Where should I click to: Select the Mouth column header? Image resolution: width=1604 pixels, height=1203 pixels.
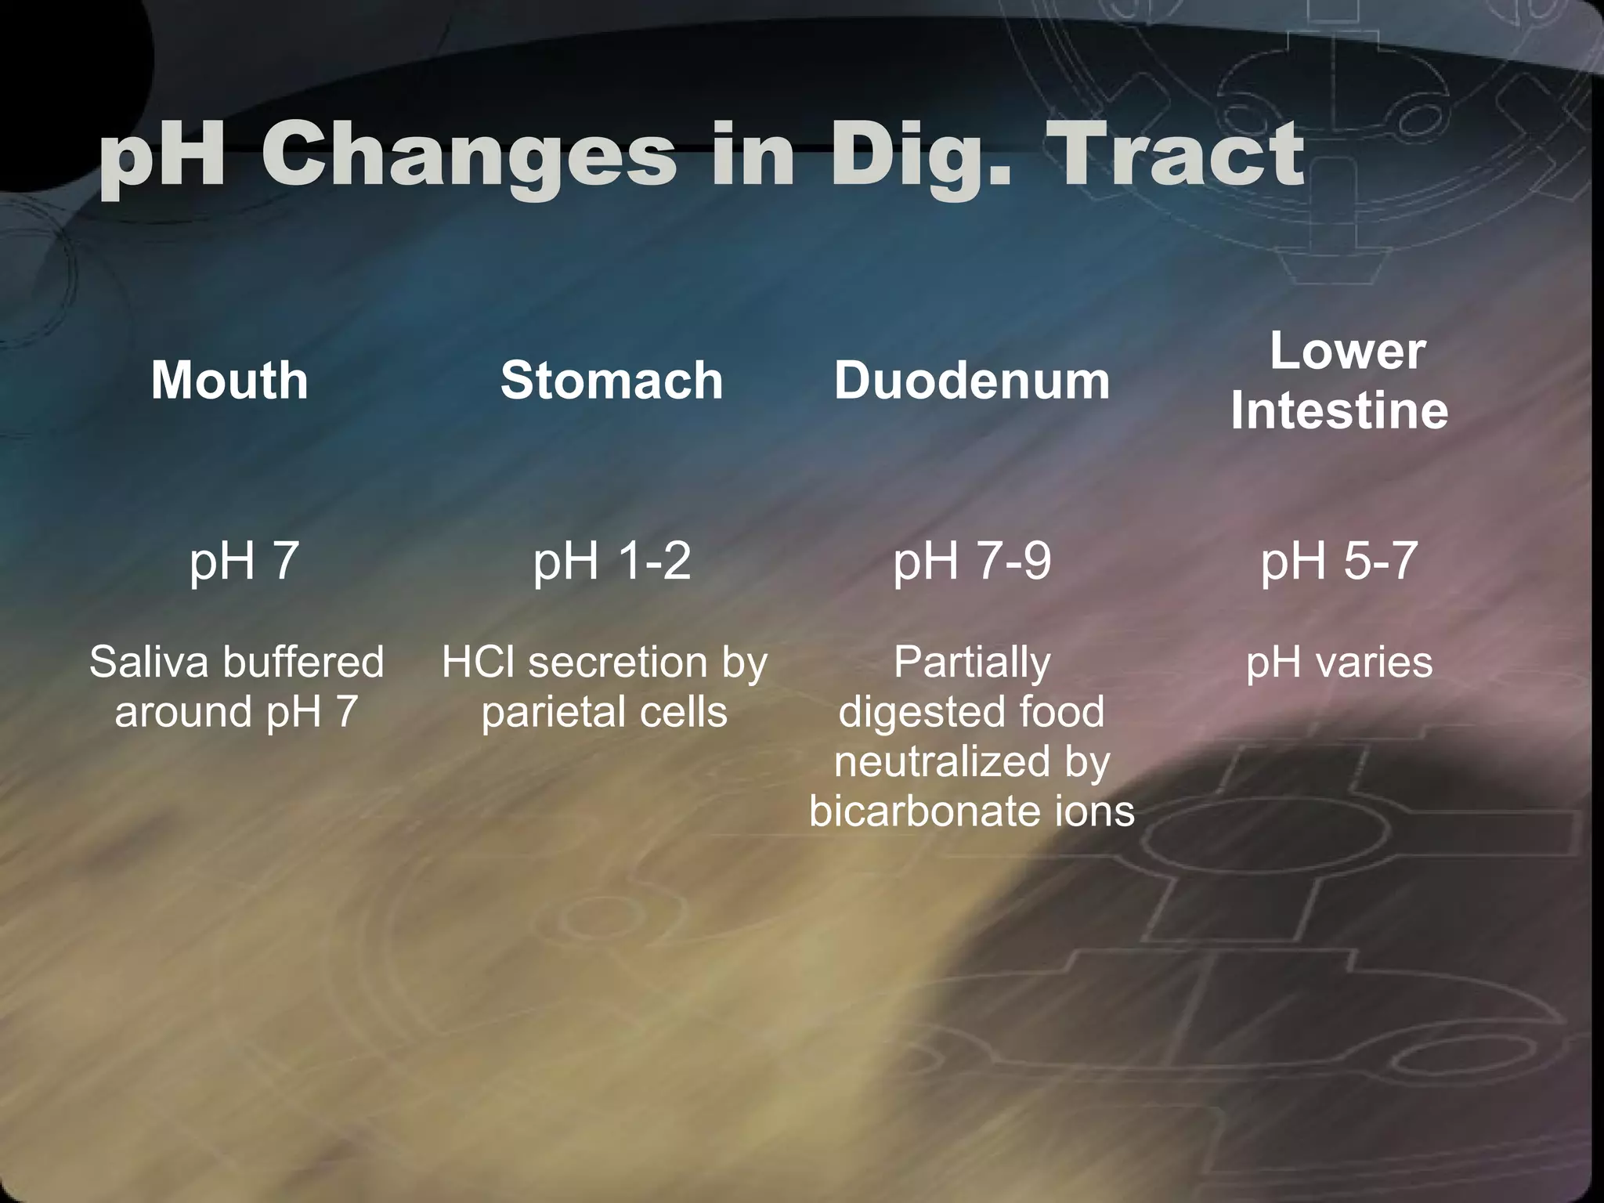point(229,381)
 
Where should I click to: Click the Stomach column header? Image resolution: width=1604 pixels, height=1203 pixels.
point(612,381)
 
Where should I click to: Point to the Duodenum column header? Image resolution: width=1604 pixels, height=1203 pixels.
point(971,381)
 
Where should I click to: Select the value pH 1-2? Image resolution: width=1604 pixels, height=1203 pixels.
point(612,561)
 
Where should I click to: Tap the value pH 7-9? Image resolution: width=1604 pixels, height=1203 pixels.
point(971,561)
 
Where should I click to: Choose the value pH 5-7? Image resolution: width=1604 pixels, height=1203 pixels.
point(1339,561)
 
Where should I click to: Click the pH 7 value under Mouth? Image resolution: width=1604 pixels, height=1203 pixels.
point(244,561)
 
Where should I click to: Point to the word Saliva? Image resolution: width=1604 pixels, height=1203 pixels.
point(149,663)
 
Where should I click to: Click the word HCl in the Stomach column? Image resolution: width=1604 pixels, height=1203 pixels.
point(478,663)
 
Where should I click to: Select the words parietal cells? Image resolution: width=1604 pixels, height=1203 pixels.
point(604,713)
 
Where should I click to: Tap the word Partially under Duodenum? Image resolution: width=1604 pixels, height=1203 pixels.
point(971,663)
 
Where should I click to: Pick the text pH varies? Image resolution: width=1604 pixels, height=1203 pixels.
point(1339,663)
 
